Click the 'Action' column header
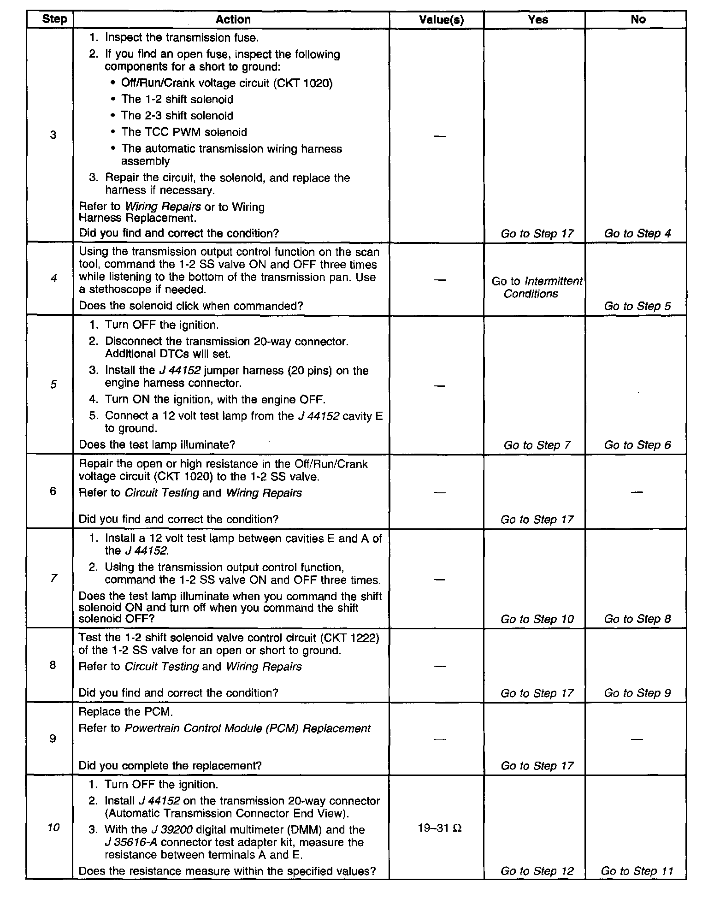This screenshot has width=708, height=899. (x=233, y=19)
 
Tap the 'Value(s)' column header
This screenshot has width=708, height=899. (x=441, y=20)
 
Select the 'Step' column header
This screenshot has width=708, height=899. (x=54, y=19)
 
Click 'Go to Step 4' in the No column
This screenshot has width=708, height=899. (x=637, y=234)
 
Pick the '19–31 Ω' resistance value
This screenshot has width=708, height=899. (x=440, y=828)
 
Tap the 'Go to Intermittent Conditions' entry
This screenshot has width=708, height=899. (x=537, y=287)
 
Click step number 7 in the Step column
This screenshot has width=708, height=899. (x=53, y=578)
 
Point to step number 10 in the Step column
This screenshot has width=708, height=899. (x=53, y=828)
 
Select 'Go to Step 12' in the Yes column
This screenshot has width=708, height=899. (x=537, y=871)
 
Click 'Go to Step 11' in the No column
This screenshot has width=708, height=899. (x=637, y=871)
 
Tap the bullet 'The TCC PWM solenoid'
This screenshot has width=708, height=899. (x=184, y=132)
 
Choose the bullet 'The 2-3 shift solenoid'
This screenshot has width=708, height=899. (x=177, y=116)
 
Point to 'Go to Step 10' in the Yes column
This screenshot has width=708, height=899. (x=537, y=619)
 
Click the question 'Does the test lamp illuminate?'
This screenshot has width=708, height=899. (x=157, y=445)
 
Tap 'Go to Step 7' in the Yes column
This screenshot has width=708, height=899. (x=537, y=445)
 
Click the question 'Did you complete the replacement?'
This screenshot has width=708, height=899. (x=170, y=766)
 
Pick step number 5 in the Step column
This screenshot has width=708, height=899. (x=53, y=384)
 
